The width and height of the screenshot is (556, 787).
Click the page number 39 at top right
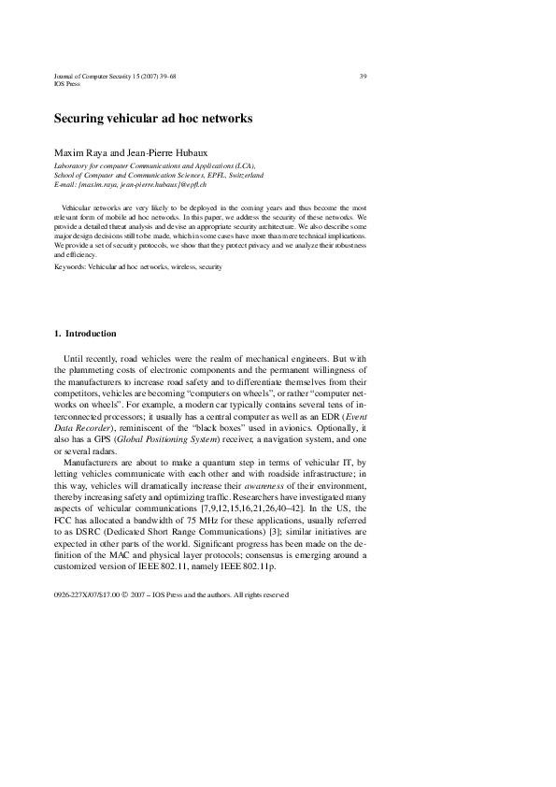pos(363,76)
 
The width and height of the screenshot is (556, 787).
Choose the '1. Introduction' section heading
pos(86,334)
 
